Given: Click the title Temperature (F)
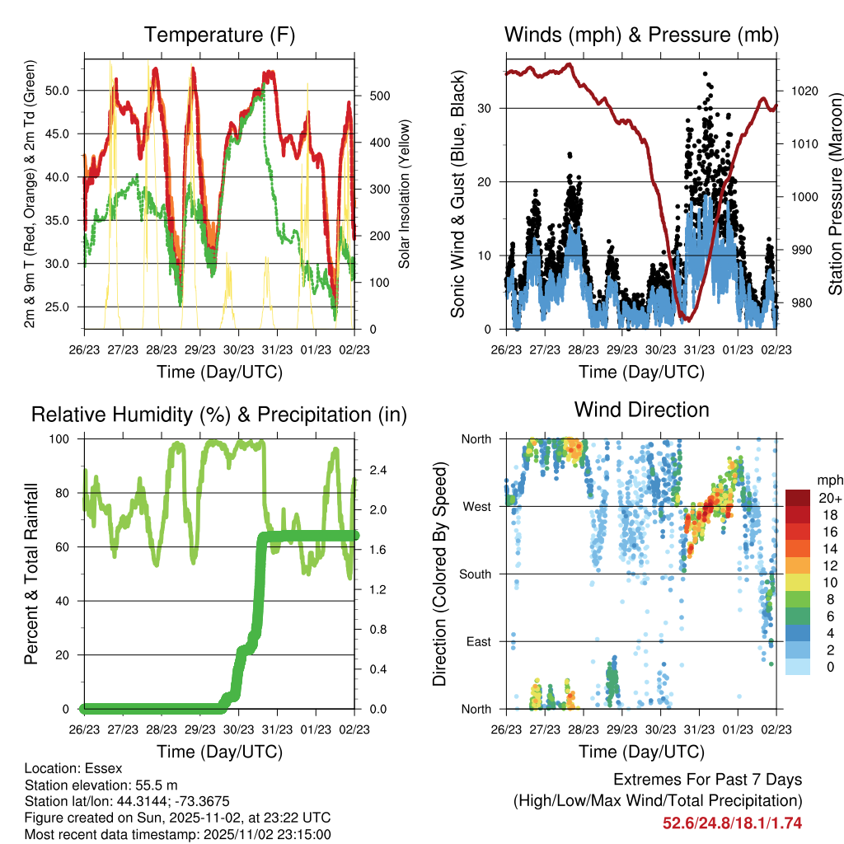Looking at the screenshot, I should [218, 35].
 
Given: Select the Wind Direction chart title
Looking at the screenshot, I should [641, 410].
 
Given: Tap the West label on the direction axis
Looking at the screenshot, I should [476, 506].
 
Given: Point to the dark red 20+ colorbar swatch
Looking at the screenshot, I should [797, 498].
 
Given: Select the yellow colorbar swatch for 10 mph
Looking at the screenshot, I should [797, 582].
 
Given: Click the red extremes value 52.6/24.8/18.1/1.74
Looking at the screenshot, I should [732, 823].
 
